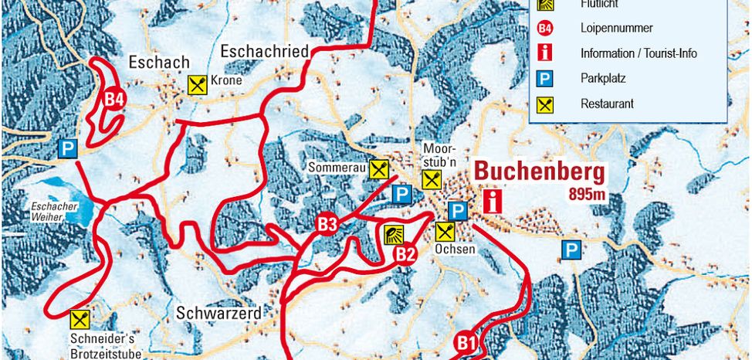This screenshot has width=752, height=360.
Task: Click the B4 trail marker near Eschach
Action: (114, 99)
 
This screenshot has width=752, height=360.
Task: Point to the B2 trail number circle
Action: (405, 254)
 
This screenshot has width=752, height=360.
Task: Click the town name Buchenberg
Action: (539, 172)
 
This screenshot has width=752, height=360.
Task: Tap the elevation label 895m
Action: (586, 194)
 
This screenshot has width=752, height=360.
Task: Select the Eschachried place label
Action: (265, 52)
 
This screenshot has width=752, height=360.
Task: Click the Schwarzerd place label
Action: (218, 314)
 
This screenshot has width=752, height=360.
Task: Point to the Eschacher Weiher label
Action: (56, 212)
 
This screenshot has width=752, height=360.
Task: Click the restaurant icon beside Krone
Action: (198, 84)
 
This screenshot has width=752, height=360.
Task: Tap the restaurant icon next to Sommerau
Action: (378, 168)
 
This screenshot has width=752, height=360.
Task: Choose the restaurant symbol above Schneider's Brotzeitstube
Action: (79, 318)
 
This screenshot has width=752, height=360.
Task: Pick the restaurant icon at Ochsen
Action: (444, 231)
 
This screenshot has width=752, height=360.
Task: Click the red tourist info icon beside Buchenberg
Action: (490, 202)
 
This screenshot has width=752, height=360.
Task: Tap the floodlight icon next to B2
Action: (393, 235)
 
